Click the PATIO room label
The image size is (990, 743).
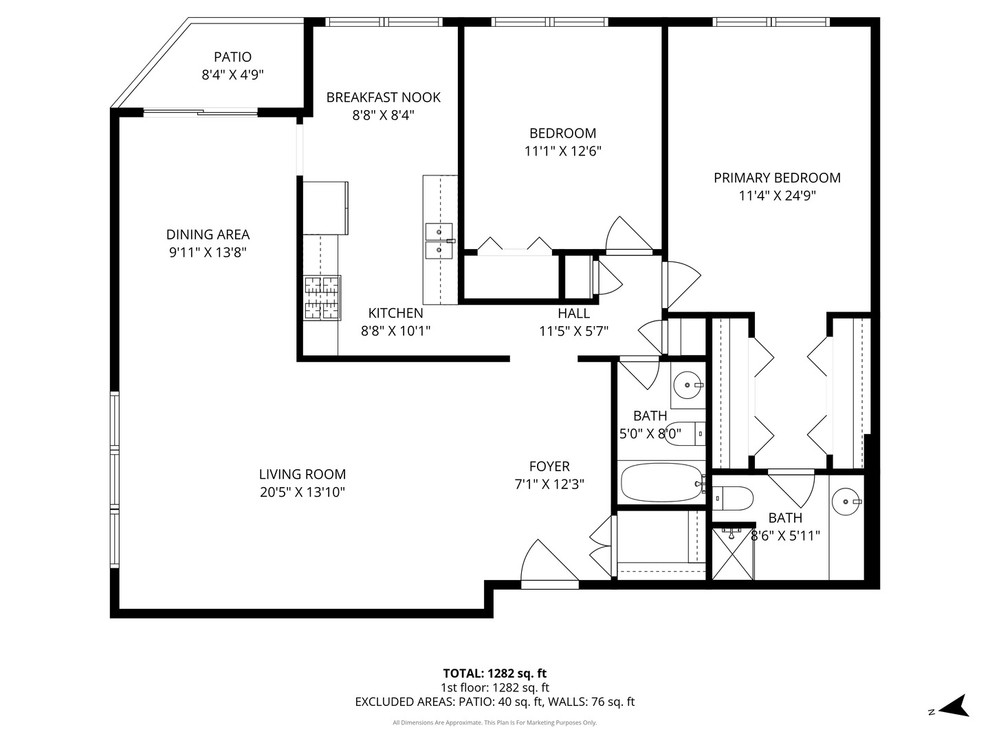[x=232, y=57]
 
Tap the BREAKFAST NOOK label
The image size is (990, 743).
[x=383, y=98]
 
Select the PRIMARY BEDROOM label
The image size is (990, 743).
[x=777, y=178]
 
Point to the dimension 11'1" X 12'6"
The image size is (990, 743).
[x=563, y=151]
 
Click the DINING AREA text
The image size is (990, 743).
[x=208, y=235]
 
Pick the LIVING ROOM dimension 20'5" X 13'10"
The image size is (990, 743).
[x=302, y=492]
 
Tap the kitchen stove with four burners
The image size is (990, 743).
[x=322, y=297]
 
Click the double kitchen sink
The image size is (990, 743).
[x=439, y=241]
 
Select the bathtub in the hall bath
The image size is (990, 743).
[x=661, y=484]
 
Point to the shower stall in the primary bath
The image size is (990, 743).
[x=733, y=553]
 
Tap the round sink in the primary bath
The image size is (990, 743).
[x=845, y=502]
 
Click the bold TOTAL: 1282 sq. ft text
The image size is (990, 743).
[x=494, y=674]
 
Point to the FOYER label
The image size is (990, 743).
[x=549, y=466]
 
